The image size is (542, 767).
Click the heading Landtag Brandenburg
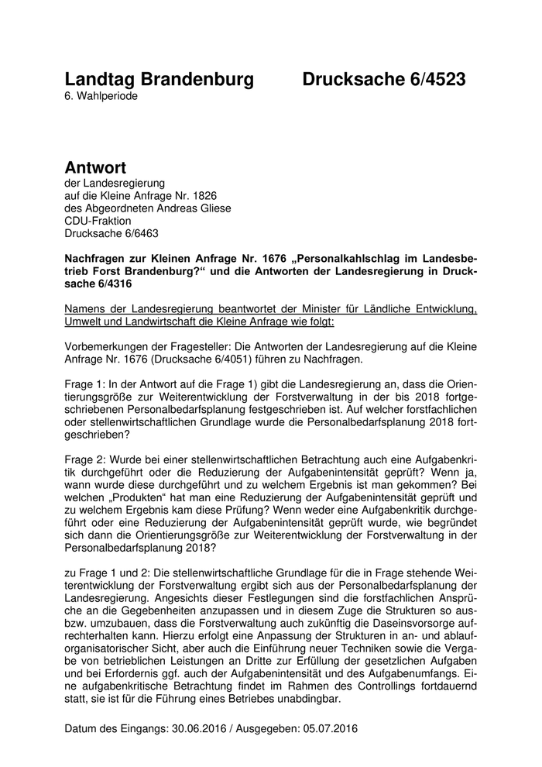(x=159, y=79)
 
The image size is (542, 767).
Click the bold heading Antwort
(x=95, y=167)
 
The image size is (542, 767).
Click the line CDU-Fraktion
(x=98, y=220)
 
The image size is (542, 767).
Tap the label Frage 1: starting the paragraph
(x=84, y=383)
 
